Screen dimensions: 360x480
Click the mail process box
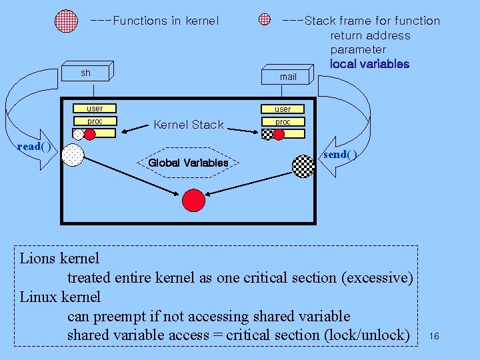pyautogui.click(x=287, y=76)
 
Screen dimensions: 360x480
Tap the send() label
pyautogui.click(x=340, y=154)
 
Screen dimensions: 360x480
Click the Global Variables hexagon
pyautogui.click(x=188, y=163)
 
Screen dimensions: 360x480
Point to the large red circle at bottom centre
pyautogui.click(x=193, y=200)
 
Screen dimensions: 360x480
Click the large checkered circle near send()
pyautogui.click(x=303, y=166)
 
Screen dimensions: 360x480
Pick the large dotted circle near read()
pyautogui.click(x=72, y=155)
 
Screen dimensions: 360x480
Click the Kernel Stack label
pyautogui.click(x=189, y=125)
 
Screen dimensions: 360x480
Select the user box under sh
pyautogui.click(x=95, y=108)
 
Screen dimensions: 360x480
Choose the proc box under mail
pyautogui.click(x=283, y=122)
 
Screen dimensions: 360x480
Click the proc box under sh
pyautogui.click(x=95, y=121)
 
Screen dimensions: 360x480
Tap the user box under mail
pyautogui.click(x=283, y=109)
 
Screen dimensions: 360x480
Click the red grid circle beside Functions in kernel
pyautogui.click(x=67, y=21)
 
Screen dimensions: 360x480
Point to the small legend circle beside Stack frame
pyautogui.click(x=265, y=20)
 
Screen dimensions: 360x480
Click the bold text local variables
pyautogui.click(x=369, y=64)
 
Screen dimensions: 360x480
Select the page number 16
pyautogui.click(x=434, y=335)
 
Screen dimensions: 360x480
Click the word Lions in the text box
pyautogui.click(x=38, y=258)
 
